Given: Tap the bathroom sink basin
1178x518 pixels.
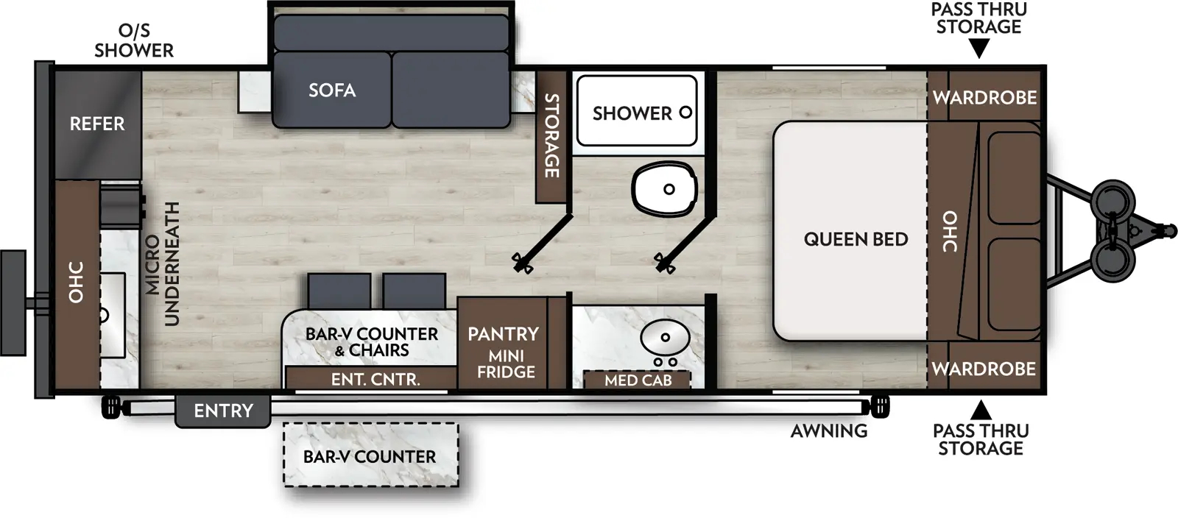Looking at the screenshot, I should (x=664, y=338).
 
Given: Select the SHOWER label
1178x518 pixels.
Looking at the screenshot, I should (x=632, y=113).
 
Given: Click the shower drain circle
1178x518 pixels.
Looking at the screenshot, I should (x=685, y=113).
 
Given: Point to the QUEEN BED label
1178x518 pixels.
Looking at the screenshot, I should (x=856, y=239).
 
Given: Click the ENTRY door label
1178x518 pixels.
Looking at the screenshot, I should (x=223, y=411).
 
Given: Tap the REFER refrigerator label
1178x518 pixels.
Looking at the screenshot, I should (x=97, y=124).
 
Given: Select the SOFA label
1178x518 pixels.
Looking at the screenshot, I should (x=332, y=91).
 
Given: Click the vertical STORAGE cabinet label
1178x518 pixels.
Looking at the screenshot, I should (x=551, y=135).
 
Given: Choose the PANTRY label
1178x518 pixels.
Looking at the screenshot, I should (x=503, y=334).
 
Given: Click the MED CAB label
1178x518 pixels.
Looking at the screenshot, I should (x=638, y=380).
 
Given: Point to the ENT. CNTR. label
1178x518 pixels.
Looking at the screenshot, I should (x=375, y=380).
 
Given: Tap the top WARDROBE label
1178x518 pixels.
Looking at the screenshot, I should (x=984, y=97).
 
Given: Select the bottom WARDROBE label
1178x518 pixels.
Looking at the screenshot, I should (x=984, y=369).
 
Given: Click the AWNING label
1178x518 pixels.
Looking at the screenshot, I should (x=829, y=431).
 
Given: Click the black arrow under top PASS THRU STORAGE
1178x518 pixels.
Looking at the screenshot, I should (x=978, y=49).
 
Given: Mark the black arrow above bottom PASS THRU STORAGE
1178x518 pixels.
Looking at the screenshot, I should (x=980, y=410).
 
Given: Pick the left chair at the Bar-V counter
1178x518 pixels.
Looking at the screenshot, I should (x=339, y=291).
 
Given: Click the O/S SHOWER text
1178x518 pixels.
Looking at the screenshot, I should (x=134, y=41).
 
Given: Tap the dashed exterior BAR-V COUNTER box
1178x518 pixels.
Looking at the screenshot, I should (x=370, y=455).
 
